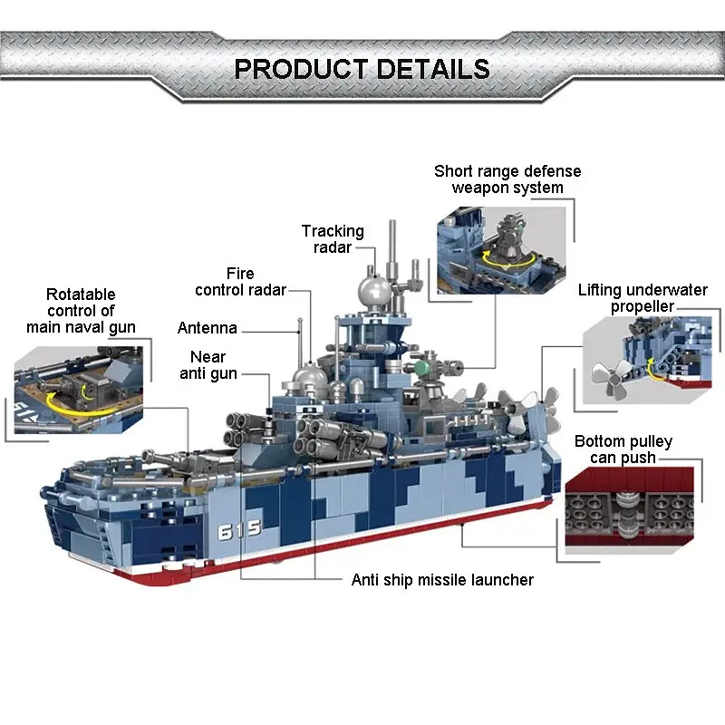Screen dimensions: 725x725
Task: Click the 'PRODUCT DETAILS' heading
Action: [x=362, y=69]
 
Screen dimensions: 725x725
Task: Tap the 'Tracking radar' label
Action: [x=333, y=239]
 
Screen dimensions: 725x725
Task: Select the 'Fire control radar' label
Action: [x=240, y=282]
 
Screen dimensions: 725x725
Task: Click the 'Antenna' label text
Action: [x=208, y=328]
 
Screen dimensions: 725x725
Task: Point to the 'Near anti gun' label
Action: [x=208, y=365]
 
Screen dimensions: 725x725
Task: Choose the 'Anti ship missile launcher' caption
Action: [x=442, y=580]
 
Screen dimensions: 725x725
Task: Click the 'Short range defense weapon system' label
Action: [x=507, y=179]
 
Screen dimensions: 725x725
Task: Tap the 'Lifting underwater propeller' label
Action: [x=643, y=298]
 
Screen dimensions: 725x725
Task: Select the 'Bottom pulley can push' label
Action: [x=623, y=449]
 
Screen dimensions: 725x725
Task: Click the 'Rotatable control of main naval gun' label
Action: [x=81, y=311]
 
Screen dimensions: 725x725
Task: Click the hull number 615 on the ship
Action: [x=239, y=530]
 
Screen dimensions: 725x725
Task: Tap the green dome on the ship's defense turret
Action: [x=421, y=369]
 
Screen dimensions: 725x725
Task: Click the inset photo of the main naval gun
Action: [x=79, y=390]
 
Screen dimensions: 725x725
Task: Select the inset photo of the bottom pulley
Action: [x=629, y=510]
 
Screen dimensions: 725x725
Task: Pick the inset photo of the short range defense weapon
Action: [x=501, y=250]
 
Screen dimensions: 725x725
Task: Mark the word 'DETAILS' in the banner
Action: [x=433, y=69]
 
